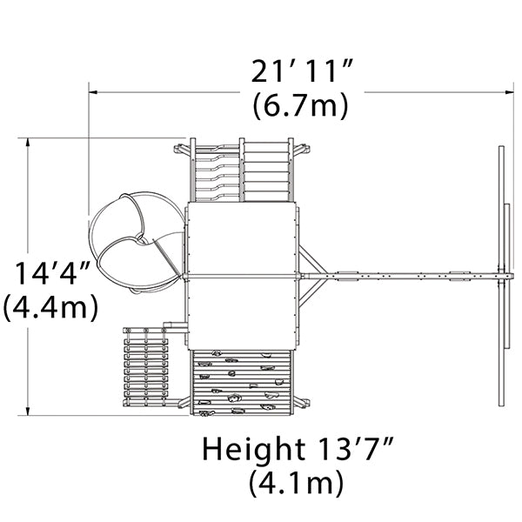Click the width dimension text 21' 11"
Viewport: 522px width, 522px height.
click(301, 71)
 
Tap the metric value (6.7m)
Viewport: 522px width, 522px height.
click(301, 106)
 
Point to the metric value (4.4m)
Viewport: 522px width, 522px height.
click(51, 307)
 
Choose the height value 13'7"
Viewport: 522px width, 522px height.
click(354, 448)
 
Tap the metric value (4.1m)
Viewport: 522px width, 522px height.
click(297, 483)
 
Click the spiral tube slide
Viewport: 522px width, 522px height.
click(136, 243)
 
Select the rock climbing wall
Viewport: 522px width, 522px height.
click(242, 383)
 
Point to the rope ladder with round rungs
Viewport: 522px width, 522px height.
click(146, 367)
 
